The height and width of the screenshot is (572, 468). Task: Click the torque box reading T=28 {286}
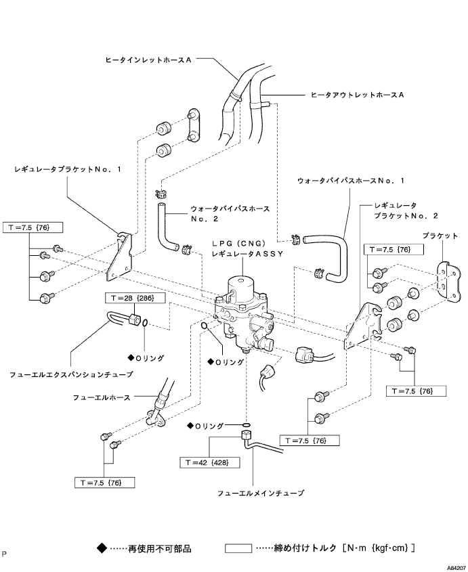pos(135,298)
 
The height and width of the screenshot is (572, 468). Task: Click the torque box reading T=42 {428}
pos(210,462)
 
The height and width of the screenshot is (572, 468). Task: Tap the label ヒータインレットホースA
pos(148,60)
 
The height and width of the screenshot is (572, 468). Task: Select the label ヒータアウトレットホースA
pos(358,95)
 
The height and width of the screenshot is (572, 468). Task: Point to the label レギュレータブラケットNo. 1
pos(68,169)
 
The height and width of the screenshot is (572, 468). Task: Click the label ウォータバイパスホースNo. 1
pos(351,181)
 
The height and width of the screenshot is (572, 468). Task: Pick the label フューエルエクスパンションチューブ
pos(71,374)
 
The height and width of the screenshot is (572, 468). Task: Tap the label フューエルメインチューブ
pos(261,493)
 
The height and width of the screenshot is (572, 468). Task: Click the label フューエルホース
pos(102,397)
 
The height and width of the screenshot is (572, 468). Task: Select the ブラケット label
pos(440,236)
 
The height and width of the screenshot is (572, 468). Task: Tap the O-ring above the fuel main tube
pos(247,425)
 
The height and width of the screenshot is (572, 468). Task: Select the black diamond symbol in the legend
pos(102,548)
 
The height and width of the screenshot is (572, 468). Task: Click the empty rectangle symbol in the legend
pos(238,548)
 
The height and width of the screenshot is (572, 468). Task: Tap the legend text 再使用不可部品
pos(160,548)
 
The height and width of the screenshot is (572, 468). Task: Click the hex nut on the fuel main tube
pos(245,435)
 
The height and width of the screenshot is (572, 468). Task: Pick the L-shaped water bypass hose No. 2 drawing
pos(168,226)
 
